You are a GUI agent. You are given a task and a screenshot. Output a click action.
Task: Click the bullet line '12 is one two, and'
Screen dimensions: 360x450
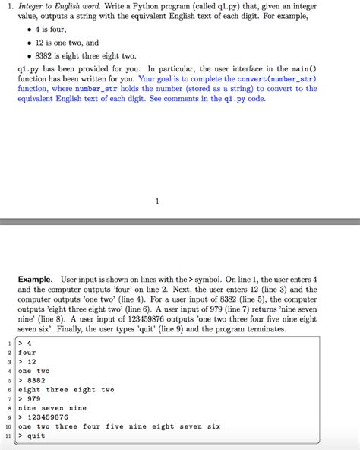coord(68,43)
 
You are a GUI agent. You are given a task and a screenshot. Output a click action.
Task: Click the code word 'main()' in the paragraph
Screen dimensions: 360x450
coord(303,68)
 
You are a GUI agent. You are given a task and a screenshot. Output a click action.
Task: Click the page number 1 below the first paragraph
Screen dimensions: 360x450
coord(156,201)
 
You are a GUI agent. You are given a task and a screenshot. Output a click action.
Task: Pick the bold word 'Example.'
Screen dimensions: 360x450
coord(36,280)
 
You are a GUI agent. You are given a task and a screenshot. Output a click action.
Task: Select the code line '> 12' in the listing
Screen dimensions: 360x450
coord(28,361)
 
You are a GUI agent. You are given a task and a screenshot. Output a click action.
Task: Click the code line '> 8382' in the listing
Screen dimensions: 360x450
coord(32,380)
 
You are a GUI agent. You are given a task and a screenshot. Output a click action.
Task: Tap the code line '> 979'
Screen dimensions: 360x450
coord(30,398)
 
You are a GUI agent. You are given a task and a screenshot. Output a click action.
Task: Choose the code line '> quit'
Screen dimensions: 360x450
coord(32,436)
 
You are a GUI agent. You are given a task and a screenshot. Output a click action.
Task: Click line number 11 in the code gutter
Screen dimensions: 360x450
coord(7,436)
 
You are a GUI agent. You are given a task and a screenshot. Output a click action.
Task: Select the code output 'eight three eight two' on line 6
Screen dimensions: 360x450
coord(66,389)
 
